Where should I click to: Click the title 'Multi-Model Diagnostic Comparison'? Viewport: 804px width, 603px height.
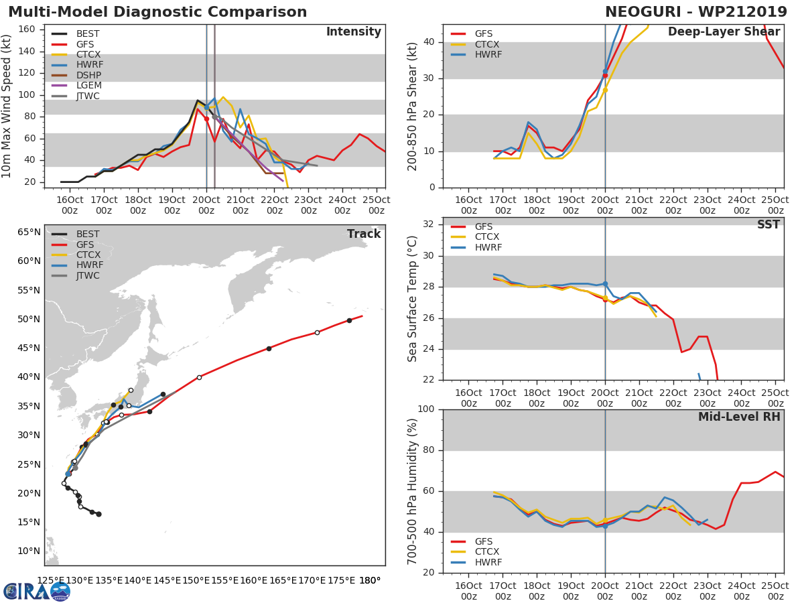(157, 12)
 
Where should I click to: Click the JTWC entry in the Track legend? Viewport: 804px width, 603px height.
(88, 275)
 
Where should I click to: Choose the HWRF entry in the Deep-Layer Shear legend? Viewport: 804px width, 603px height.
(488, 54)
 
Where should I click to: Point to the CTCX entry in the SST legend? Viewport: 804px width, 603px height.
(487, 237)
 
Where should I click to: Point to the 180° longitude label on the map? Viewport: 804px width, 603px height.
(368, 580)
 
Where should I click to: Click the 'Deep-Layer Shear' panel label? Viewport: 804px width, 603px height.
(724, 32)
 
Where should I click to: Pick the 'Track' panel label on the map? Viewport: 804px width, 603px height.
(364, 234)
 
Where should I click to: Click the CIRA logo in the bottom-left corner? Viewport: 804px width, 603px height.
(37, 590)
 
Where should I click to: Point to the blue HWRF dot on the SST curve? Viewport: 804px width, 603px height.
(605, 284)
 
